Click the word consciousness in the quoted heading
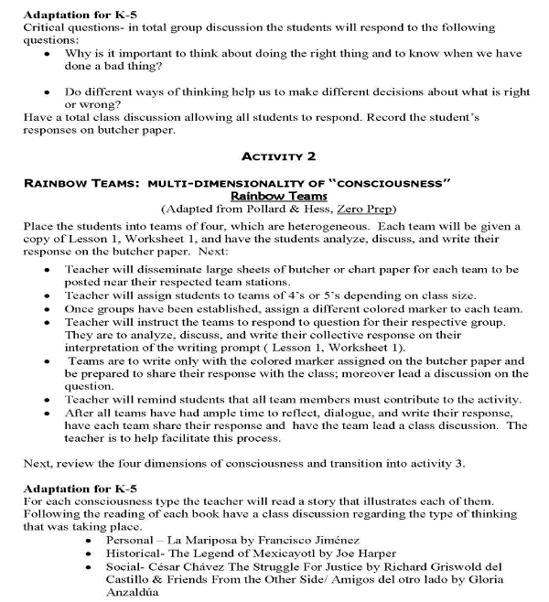pyautogui.click(x=391, y=182)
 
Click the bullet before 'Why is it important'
pyautogui.click(x=47, y=54)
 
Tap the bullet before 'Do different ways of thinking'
pyautogui.click(x=47, y=93)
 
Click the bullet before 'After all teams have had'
pyautogui.click(x=47, y=414)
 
